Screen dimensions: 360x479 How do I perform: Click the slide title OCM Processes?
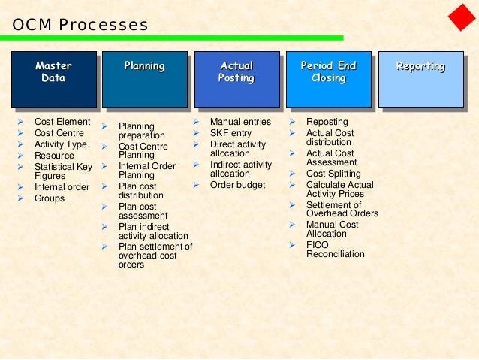point(80,25)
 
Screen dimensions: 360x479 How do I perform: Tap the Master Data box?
point(53,78)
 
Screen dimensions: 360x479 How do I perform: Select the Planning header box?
point(144,78)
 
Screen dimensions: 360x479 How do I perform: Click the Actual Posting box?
point(236,78)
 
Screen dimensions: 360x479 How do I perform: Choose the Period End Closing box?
point(328,78)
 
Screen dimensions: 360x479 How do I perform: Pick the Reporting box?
point(420,78)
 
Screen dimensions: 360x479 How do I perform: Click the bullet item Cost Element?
point(62,122)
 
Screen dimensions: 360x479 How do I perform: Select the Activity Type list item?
point(61,144)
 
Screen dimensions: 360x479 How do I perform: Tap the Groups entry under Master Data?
point(50,198)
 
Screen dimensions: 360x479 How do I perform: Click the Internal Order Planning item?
point(147,171)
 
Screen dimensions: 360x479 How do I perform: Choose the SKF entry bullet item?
point(230,133)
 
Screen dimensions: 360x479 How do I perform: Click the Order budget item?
point(237,185)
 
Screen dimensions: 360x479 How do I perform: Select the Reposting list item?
point(327,122)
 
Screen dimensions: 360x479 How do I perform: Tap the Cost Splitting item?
point(333,174)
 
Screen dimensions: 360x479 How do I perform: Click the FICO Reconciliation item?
point(335,250)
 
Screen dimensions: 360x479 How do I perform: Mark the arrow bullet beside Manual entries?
point(196,122)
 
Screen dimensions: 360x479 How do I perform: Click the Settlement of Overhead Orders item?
point(342,209)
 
